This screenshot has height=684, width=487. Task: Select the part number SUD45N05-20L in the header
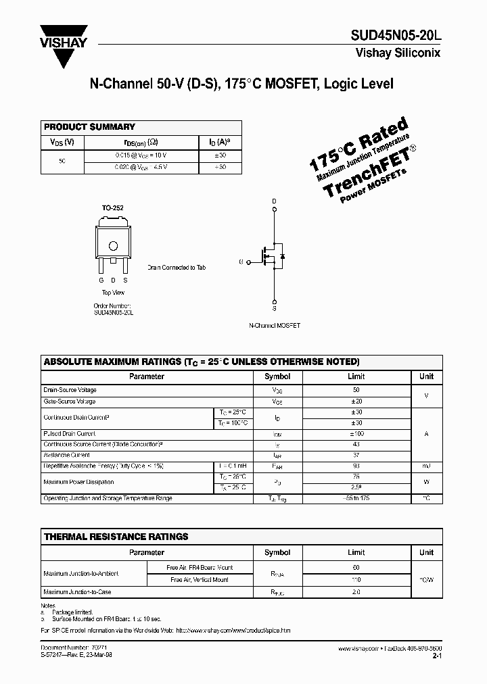(396, 36)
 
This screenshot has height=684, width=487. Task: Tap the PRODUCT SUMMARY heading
(89, 127)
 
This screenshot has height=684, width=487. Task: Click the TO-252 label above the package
(113, 208)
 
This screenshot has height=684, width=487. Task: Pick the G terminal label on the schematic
(241, 260)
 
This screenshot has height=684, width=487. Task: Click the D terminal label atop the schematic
(275, 201)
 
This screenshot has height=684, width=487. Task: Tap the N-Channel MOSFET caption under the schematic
(274, 325)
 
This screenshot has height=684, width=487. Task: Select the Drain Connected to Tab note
(177, 268)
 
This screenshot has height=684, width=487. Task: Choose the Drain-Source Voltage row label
(70, 390)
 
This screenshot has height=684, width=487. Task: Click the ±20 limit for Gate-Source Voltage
(356, 401)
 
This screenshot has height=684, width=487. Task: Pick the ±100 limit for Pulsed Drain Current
(356, 434)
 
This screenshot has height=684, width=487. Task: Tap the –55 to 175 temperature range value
(356, 499)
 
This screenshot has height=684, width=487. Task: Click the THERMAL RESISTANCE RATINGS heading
(116, 537)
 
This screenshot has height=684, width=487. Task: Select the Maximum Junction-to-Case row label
(77, 592)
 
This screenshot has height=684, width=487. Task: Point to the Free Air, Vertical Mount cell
(201, 579)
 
